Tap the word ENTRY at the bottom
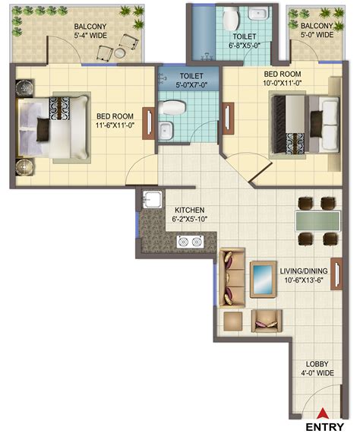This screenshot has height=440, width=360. [x=324, y=427]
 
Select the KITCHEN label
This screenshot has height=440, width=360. [x=190, y=211]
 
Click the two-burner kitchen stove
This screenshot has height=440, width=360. [x=190, y=242]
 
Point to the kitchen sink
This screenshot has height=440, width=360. [x=152, y=199]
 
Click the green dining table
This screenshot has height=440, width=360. [x=317, y=221]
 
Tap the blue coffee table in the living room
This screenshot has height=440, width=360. [x=263, y=279]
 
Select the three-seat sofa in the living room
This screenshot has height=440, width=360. [x=232, y=277]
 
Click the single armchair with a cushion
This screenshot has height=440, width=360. [x=267, y=321]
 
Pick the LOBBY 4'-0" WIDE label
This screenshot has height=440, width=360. [x=317, y=369]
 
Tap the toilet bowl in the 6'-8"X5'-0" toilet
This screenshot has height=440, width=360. [x=231, y=18]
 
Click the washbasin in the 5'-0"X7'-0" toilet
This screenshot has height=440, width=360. [x=165, y=131]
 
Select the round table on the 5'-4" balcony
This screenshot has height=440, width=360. [x=120, y=53]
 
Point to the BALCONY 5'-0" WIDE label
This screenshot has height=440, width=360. [x=317, y=30]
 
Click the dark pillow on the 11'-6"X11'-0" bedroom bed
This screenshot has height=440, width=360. [x=43, y=129]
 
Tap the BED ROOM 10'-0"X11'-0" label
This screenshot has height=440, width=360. [x=283, y=78]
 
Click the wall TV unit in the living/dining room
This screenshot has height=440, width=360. [x=336, y=274]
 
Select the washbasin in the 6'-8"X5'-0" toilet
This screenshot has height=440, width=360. [x=259, y=13]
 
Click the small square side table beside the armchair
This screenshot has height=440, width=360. [x=233, y=321]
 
